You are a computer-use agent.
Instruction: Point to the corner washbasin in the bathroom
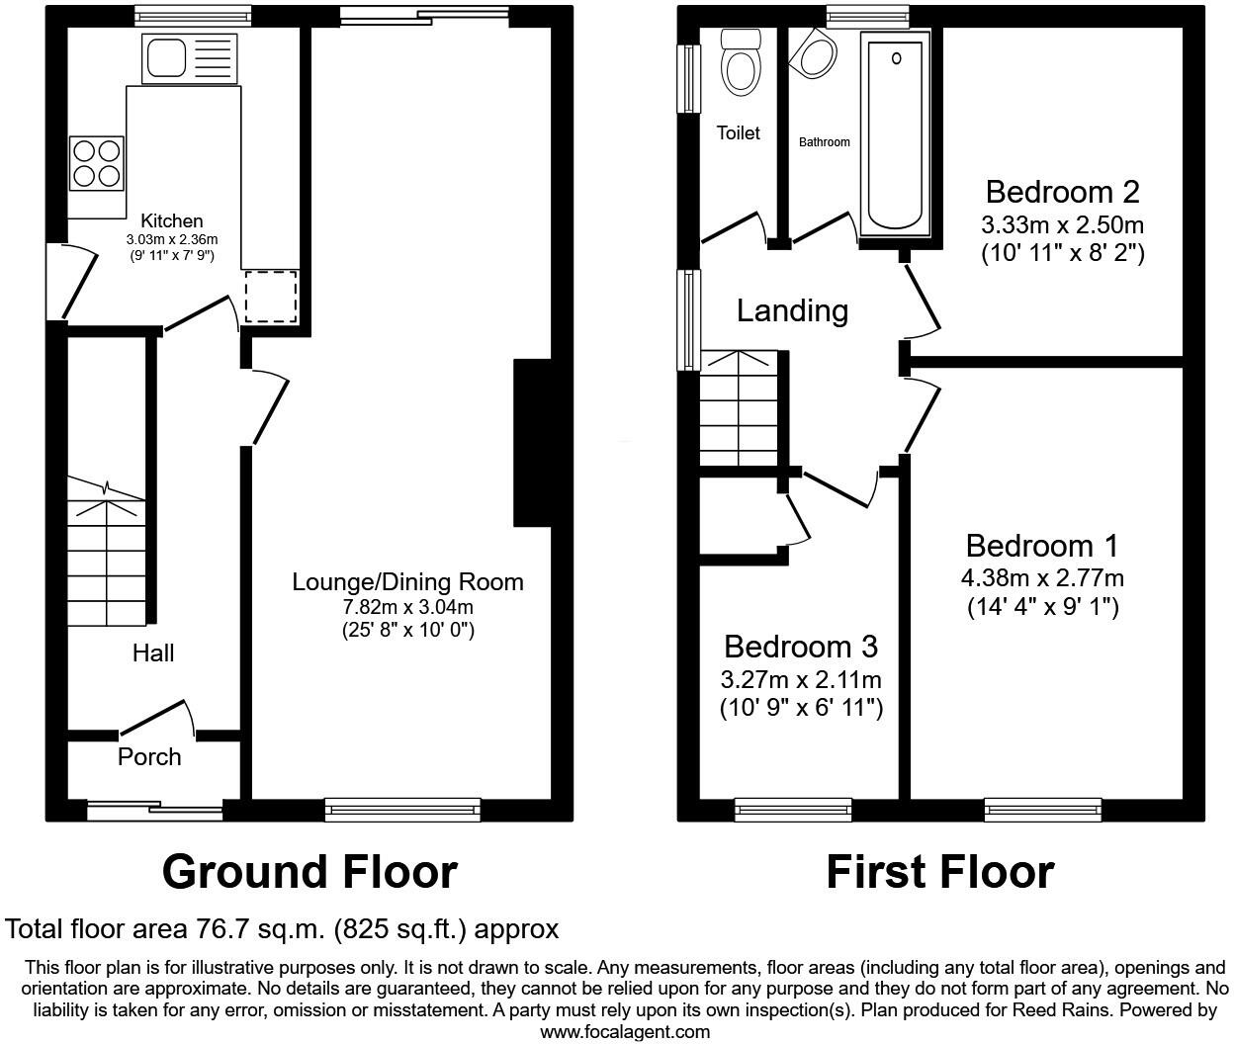point(815,55)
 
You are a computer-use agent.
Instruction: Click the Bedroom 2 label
point(1062,192)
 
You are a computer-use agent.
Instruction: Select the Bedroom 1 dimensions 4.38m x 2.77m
point(1042,578)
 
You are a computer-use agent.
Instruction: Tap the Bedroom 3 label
point(800,647)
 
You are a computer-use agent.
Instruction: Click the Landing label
point(792,310)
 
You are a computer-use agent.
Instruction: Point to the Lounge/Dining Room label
point(407,581)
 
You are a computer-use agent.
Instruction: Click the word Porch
point(149,757)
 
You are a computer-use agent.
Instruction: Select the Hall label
point(153,652)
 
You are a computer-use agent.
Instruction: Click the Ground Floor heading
point(309,872)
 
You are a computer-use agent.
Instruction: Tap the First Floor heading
point(939,872)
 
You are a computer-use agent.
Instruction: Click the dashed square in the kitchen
point(270,296)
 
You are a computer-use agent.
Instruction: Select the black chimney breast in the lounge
point(532,442)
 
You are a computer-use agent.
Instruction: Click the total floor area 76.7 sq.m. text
point(282,929)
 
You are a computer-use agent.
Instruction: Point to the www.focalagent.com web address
point(625,1032)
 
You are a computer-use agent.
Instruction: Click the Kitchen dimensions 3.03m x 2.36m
point(171,239)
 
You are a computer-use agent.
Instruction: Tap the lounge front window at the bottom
point(402,810)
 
